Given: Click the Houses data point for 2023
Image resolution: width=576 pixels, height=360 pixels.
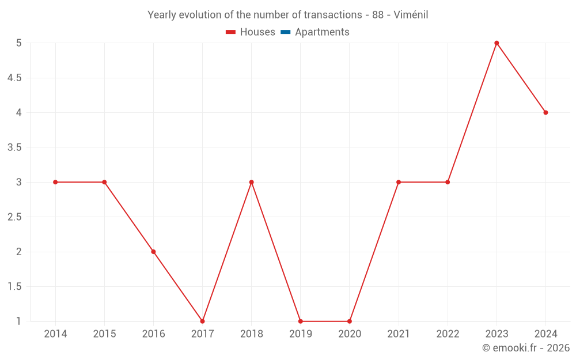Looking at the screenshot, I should pos(497,43).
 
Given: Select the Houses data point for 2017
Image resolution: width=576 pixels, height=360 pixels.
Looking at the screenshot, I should pos(202,321).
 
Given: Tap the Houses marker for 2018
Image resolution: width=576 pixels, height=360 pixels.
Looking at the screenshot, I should pos(251,182).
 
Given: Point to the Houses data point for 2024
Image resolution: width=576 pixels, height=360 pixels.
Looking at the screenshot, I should pos(545,112).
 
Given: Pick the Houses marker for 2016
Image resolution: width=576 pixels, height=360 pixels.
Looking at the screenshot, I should pos(153,252).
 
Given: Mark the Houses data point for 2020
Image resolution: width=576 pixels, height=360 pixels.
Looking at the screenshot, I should pos(350,321).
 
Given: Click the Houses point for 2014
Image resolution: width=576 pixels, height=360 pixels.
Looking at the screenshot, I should pos(55,182).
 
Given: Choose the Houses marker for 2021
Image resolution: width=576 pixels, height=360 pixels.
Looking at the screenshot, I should pos(399,182).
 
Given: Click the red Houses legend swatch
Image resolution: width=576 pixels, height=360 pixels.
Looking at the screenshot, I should pos(231,32).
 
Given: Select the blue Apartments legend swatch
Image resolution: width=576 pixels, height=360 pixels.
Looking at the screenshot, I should pos(286,32).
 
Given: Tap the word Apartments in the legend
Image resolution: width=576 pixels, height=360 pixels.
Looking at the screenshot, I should pos(322,32).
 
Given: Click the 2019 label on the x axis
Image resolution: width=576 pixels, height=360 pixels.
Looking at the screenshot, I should pos(301,334).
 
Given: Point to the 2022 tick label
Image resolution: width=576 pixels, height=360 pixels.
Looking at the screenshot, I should pos(448,334).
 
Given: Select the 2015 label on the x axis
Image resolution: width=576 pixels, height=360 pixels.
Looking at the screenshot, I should pos(104,334).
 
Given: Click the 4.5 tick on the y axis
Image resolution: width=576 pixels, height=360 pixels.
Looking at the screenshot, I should pos(14,78).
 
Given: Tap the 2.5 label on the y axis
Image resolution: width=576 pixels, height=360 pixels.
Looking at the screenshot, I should pos(14,217).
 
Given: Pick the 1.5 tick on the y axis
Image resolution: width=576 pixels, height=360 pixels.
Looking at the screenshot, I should pos(14,286).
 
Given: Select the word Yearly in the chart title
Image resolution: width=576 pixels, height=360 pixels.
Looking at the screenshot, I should pos(162,15).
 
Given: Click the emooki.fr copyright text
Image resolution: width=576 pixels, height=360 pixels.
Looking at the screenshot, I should pos(526,348).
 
